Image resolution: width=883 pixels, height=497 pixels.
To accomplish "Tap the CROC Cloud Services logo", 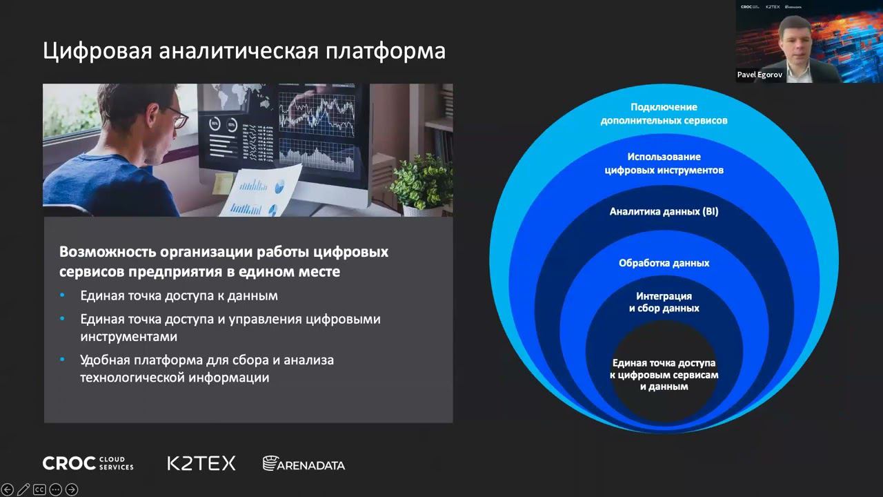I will (88, 463).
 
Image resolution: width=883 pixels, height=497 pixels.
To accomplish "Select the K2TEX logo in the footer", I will (201, 463).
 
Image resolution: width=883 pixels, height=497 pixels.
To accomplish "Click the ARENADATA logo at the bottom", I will (304, 464).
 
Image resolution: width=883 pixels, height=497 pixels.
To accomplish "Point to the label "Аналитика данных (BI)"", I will (664, 212).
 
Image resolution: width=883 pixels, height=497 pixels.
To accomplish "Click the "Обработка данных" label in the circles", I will (664, 263).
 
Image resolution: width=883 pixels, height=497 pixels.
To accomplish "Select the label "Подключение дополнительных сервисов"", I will (664, 114).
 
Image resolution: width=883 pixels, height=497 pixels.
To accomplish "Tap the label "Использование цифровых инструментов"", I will (664, 164).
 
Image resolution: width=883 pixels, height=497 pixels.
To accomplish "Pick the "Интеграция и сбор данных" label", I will (664, 302).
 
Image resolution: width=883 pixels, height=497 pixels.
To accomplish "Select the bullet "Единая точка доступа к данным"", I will (179, 295).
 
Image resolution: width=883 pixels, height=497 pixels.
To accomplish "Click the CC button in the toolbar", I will (39, 489).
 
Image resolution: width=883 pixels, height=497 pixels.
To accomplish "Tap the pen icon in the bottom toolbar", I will (23, 489).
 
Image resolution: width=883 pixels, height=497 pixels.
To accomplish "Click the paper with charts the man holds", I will (264, 190).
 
